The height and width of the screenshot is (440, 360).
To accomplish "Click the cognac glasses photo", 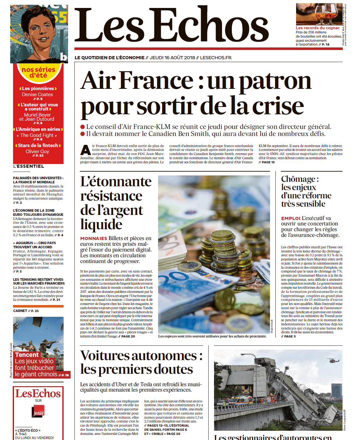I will point(319,14).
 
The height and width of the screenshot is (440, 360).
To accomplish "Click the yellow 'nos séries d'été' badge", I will point(38,72).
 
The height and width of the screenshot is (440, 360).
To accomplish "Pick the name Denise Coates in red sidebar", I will point(38,95).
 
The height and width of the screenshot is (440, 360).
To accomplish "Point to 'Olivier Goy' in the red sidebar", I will point(38,152).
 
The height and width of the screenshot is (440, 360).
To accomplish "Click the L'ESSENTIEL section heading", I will point(29,166).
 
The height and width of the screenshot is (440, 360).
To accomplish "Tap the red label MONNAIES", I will point(93,238).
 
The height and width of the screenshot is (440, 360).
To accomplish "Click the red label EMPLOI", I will point(290,218).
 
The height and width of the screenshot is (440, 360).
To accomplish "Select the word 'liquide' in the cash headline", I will point(101,224).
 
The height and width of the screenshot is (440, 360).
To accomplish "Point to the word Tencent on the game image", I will point(27,355).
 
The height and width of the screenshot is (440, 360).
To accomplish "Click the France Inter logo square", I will point(38,411).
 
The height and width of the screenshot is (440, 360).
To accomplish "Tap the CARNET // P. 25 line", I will point(26,311).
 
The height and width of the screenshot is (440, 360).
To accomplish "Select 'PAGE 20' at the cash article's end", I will point(128,336).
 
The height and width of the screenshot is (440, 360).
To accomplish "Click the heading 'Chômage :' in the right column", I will point(300,179).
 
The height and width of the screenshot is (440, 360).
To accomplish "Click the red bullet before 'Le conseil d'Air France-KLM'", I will point(83,127).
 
